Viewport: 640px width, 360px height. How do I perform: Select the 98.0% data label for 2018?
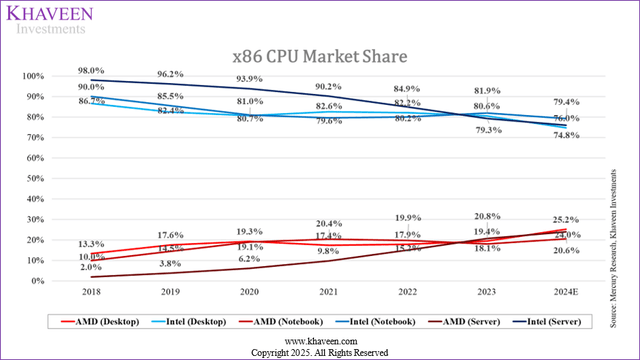click(x=91, y=69)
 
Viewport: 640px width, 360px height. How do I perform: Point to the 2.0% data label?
click(x=91, y=267)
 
